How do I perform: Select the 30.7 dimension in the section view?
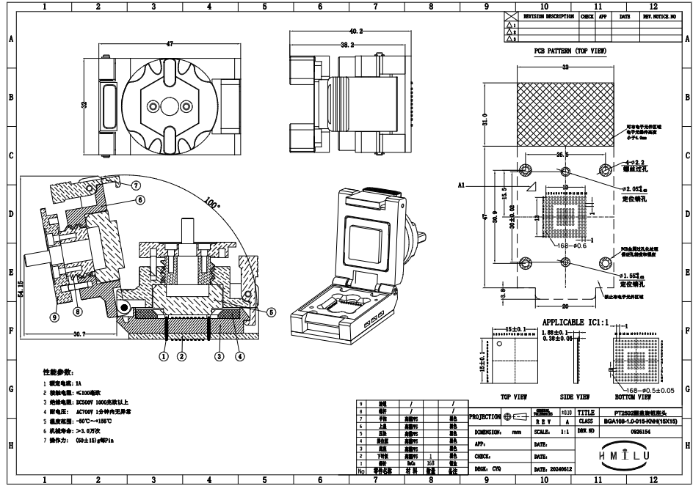[79, 334]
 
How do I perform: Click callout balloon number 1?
[164, 356]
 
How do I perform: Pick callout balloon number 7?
[136, 185]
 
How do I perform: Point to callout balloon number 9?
[55, 317]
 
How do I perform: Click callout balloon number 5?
[271, 312]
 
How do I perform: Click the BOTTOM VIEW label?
[634, 397]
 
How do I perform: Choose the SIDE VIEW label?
[562, 397]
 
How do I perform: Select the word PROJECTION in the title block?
[485, 416]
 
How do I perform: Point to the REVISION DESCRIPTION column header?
[548, 15]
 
